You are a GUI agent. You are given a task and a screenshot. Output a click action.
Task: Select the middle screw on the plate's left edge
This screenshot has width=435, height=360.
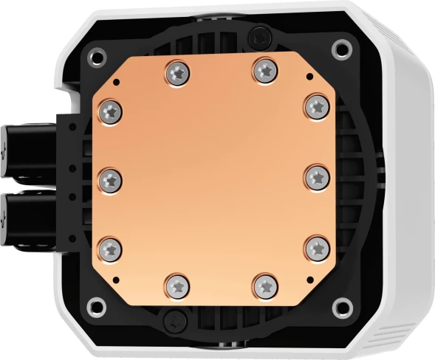(109, 177)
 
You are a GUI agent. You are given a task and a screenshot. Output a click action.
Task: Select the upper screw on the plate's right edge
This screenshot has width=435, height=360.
(315, 105)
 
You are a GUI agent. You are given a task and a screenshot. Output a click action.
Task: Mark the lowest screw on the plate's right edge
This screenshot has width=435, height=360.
(315, 246)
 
